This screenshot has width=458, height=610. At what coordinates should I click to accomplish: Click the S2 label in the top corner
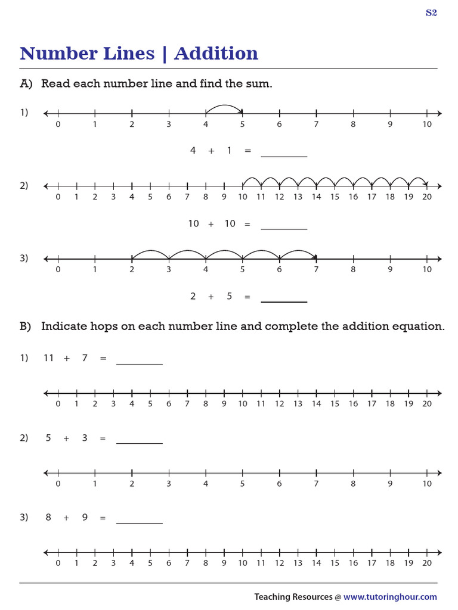(431, 13)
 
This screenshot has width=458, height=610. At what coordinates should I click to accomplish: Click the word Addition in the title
(216, 54)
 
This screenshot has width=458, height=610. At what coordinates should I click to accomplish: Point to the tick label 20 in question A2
(426, 197)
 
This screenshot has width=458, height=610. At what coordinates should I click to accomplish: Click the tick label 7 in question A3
(316, 269)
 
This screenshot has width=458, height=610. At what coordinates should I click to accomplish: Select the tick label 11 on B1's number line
(261, 404)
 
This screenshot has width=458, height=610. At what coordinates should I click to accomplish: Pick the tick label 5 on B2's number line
(242, 484)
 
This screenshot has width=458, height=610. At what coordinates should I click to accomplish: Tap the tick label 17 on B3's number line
(372, 563)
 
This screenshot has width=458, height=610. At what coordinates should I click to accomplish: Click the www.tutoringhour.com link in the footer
(390, 597)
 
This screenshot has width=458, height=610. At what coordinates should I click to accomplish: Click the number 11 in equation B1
(49, 358)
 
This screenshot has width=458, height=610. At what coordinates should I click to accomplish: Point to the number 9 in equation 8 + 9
(85, 517)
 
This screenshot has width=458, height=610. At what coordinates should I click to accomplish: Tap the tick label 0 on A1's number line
(58, 125)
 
